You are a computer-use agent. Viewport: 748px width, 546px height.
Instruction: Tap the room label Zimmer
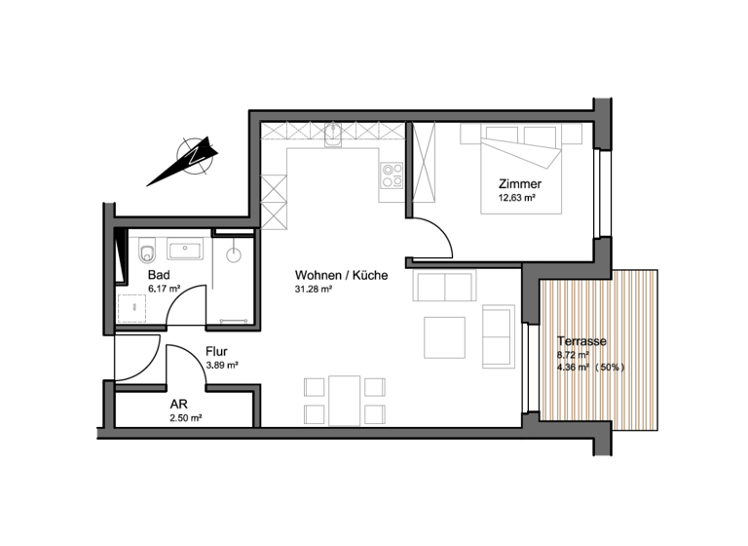[x=518, y=184]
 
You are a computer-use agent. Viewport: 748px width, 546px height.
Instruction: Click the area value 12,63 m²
[x=518, y=198]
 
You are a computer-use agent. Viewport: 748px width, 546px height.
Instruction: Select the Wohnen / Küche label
[x=341, y=276]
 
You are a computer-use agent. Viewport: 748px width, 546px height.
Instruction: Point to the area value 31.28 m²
[x=315, y=290]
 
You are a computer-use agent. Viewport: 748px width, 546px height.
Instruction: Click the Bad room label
[x=158, y=276]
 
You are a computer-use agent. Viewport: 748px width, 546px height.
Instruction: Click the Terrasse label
[x=581, y=342]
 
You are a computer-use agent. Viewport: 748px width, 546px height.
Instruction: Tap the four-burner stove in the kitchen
[x=392, y=175]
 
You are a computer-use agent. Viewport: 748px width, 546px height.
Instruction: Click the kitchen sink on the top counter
[x=333, y=136]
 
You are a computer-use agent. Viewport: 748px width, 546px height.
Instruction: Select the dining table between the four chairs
[x=342, y=400]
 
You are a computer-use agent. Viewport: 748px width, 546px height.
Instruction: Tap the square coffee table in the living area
[x=444, y=336]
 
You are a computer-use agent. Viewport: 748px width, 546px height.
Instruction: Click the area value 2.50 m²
[x=184, y=417]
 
